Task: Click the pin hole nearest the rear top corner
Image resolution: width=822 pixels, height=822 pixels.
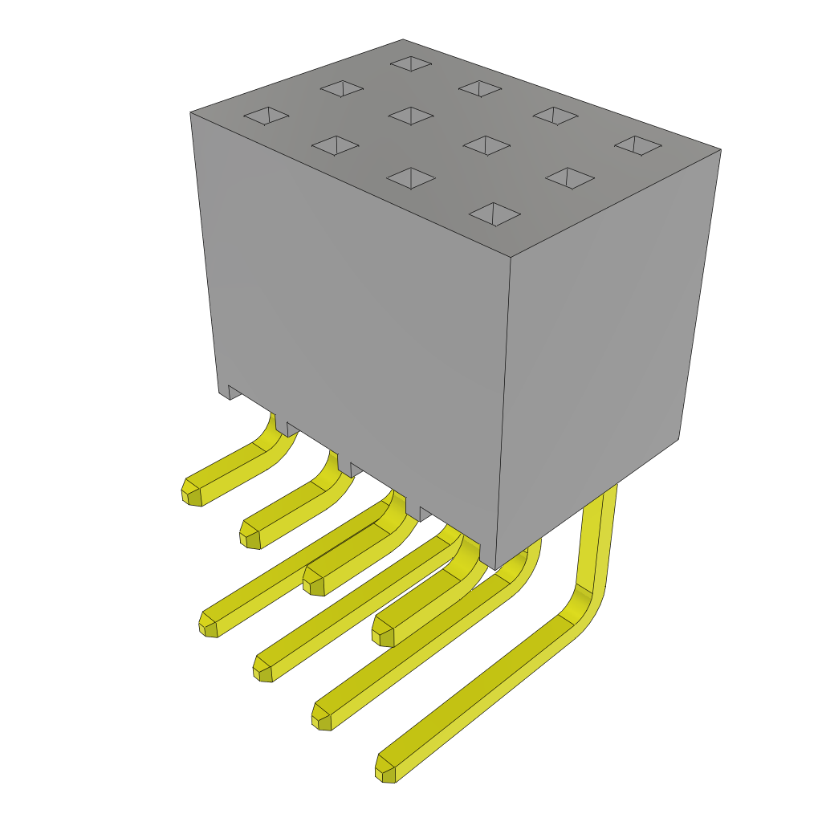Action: [411, 63]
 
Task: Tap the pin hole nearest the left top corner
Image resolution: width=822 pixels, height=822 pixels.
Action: [267, 116]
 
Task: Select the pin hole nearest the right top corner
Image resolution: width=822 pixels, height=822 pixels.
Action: [638, 145]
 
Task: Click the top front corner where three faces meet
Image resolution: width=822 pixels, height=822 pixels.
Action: [511, 258]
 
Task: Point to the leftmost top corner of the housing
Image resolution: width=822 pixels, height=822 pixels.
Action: [191, 113]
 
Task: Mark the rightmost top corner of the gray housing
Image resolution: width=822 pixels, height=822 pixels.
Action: [720, 150]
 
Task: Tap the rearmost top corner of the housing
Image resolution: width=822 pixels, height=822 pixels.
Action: [403, 40]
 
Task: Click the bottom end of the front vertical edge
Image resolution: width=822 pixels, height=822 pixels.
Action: [495, 568]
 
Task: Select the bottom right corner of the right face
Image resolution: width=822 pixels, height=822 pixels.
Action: [678, 439]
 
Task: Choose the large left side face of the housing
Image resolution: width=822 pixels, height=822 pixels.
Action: [353, 321]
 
